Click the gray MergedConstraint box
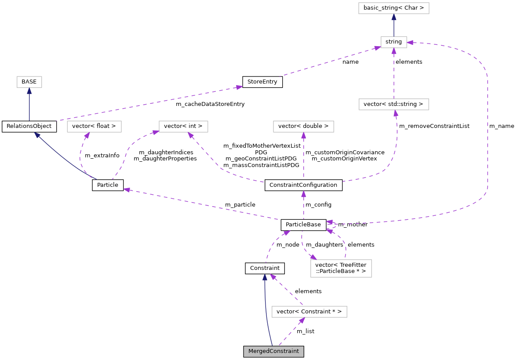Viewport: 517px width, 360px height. point(273,351)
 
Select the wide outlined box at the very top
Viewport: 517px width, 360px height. point(393,8)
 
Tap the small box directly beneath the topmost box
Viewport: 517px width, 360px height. point(393,42)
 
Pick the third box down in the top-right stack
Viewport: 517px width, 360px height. point(393,104)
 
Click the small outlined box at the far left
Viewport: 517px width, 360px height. point(29,82)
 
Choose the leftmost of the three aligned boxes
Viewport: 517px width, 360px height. point(94,127)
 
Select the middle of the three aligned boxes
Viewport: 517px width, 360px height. point(183,127)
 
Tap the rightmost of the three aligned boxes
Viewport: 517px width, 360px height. point(303,127)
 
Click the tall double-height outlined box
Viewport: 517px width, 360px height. point(341,269)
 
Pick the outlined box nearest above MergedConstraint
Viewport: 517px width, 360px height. point(309,312)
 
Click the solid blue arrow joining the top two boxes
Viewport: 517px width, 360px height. point(394,25)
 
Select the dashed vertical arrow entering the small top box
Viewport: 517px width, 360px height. point(394,73)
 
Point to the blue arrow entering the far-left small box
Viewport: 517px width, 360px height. point(29,103)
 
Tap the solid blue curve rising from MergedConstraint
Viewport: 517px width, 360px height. point(266,312)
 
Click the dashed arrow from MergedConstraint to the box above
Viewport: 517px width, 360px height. point(291,332)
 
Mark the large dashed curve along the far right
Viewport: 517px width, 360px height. point(487,132)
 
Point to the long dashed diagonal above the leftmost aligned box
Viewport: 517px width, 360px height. point(149,103)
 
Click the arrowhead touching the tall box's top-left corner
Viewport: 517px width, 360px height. point(313,257)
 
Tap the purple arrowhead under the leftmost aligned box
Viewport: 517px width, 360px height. point(87,135)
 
